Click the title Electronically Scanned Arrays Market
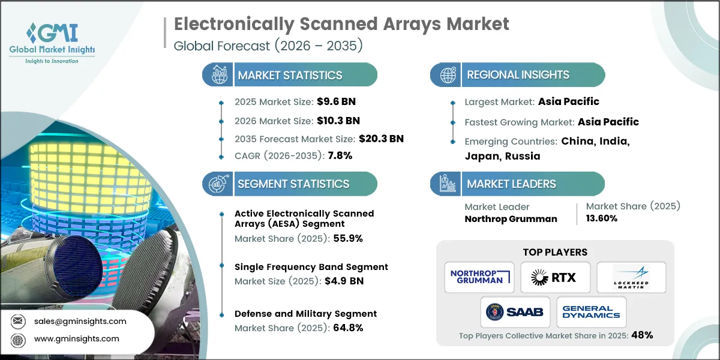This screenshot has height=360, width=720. (341, 24)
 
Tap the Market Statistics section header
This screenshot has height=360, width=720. (290, 75)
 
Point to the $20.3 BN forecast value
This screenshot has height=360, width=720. (381, 139)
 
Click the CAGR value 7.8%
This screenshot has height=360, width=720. (339, 156)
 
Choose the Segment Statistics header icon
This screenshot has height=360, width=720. (217, 184)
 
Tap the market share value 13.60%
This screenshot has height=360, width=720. (602, 219)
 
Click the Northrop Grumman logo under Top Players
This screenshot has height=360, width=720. (479, 277)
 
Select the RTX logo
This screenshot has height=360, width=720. (555, 277)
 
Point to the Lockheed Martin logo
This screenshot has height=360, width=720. (631, 277)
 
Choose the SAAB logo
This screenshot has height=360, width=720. (516, 312)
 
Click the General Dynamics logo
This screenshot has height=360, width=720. (591, 312)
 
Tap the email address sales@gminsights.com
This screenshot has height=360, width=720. (80, 321)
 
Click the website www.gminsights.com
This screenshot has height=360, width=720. (76, 338)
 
